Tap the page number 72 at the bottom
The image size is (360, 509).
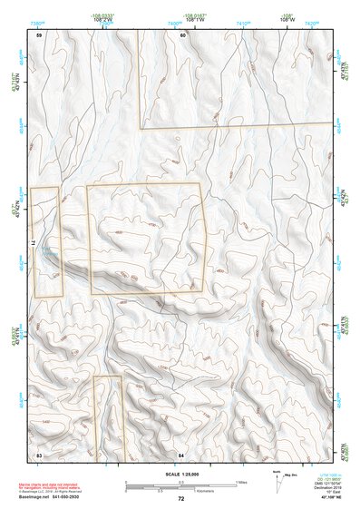click(180, 499)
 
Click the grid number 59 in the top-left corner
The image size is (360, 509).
click(39, 34)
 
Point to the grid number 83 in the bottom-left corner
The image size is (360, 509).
click(39, 452)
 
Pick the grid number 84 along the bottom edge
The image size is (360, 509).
click(181, 452)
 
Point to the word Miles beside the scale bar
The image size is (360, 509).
click(241, 480)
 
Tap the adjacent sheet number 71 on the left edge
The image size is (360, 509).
click(33, 242)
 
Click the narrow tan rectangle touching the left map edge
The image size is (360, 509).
click(45, 241)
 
